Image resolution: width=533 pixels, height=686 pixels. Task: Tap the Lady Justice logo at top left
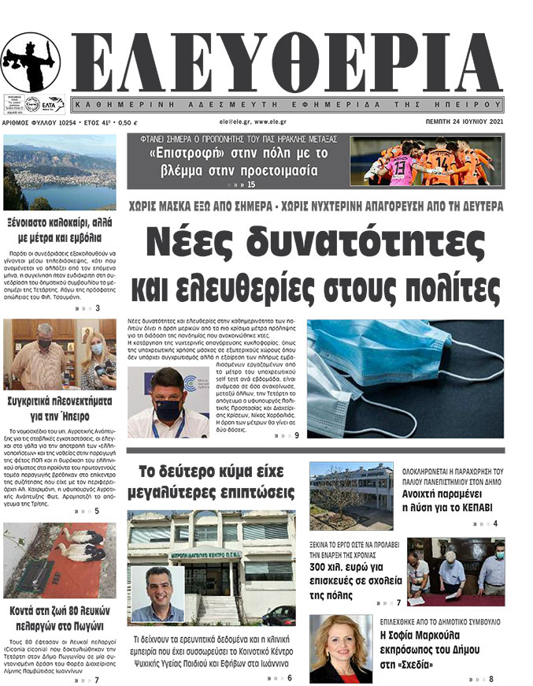pos(30,62)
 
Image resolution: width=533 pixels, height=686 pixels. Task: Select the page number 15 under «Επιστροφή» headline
pos(251,185)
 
